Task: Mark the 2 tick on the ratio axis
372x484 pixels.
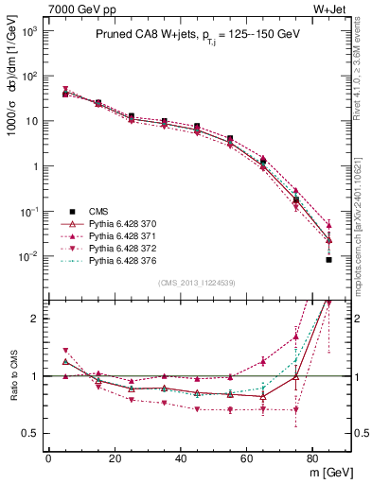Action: pyautogui.click(x=36, y=319)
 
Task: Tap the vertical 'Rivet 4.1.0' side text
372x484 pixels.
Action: pyautogui.click(x=363, y=57)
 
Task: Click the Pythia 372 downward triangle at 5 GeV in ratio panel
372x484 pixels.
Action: pyautogui.click(x=65, y=351)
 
